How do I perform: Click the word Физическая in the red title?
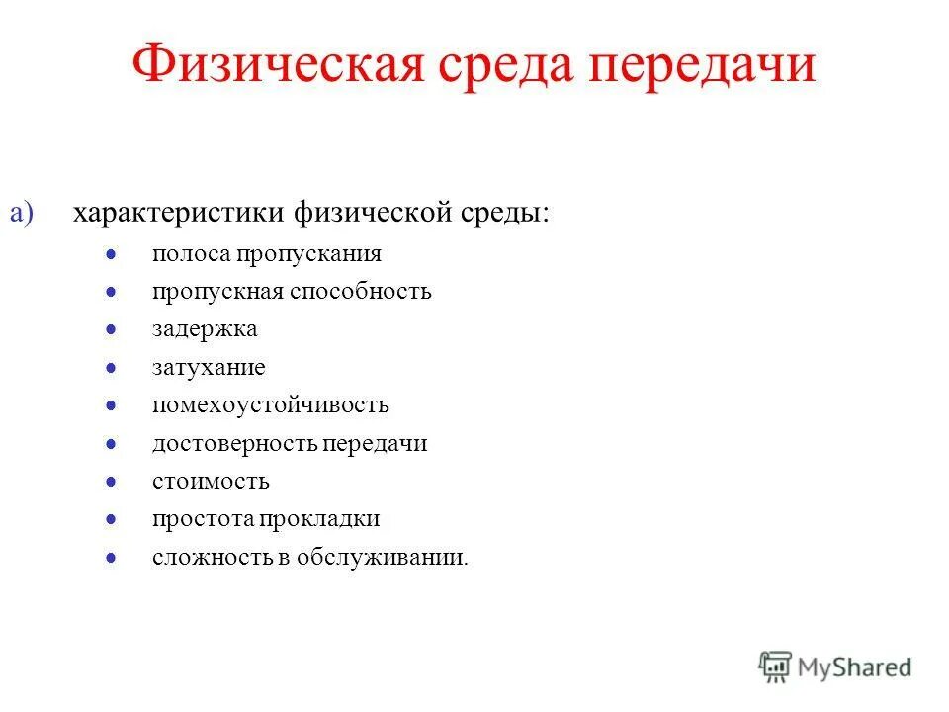click(262, 66)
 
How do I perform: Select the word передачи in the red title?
click(703, 66)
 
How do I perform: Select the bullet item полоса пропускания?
click(267, 254)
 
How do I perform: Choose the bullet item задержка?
click(205, 329)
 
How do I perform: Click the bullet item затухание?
click(209, 368)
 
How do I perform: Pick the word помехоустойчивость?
click(271, 405)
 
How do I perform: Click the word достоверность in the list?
click(233, 444)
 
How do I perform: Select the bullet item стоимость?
click(211, 482)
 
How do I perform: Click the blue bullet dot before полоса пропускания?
click(113, 254)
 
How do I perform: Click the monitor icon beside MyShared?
click(775, 666)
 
